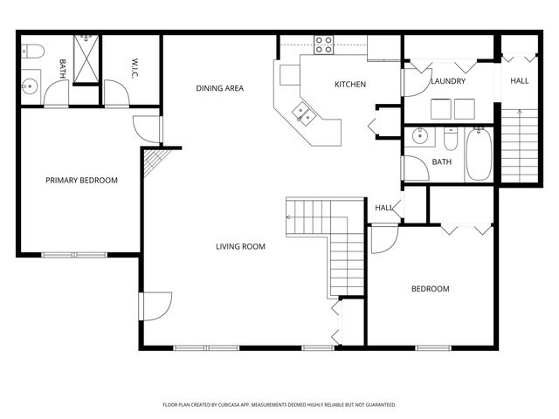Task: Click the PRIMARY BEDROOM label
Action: click(81, 181)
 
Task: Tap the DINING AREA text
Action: click(219, 88)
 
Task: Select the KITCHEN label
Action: click(350, 85)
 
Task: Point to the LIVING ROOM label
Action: click(240, 247)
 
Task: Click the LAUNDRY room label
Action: click(448, 81)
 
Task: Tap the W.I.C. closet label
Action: click(136, 67)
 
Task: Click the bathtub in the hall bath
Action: click(478, 155)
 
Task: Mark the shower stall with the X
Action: click(86, 58)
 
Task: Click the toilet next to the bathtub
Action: click(451, 140)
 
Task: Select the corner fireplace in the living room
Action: click(152, 161)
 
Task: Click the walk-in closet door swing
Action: click(115, 93)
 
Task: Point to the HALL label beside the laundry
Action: click(519, 81)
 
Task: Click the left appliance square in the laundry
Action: click(440, 108)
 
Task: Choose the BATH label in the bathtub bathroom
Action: click(442, 162)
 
